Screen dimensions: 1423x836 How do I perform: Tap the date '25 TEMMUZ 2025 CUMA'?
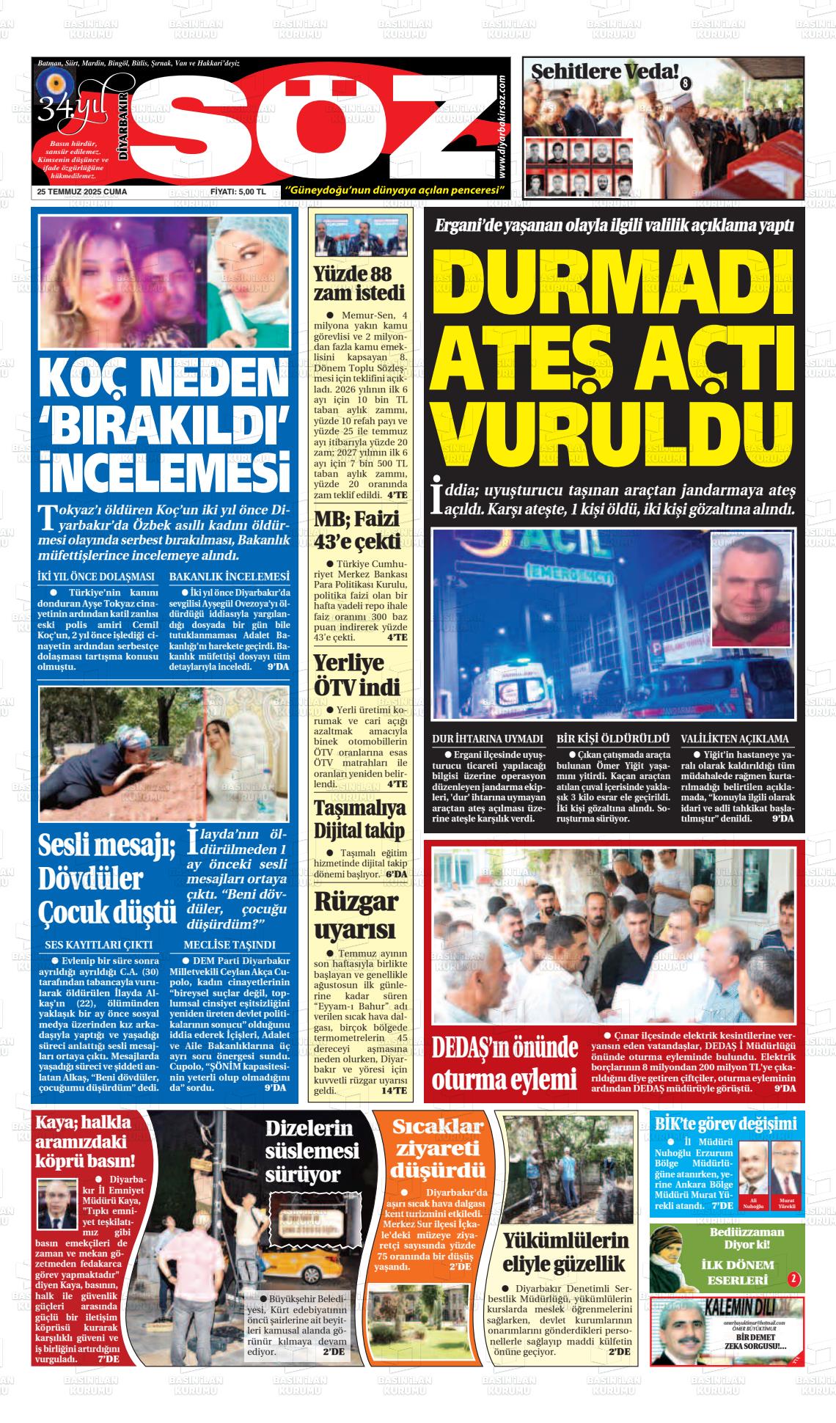point(82,192)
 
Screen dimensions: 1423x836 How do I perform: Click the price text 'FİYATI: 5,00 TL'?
point(238,192)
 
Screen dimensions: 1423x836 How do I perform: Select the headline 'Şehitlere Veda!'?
point(604,72)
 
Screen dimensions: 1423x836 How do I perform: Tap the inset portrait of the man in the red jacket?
point(751,591)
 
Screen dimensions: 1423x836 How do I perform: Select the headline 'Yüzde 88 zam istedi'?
point(359,284)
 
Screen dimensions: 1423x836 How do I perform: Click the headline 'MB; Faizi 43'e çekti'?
point(359,530)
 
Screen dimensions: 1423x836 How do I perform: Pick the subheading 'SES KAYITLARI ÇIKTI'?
point(99,944)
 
